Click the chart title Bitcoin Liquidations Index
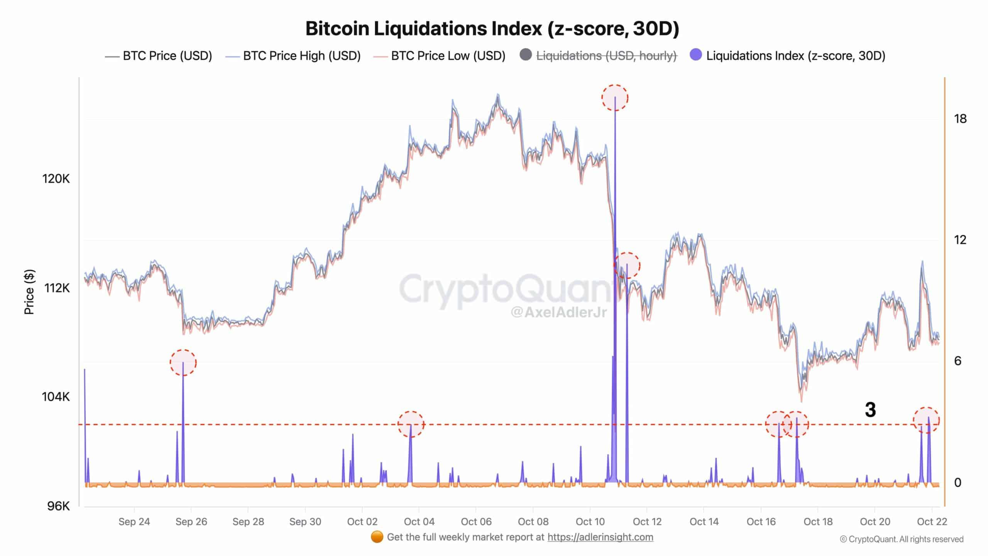[492, 29]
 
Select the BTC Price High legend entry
[301, 56]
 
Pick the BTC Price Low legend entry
[448, 56]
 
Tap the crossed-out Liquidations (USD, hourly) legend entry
[606, 56]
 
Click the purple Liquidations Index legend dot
[695, 55]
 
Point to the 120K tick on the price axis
[56, 179]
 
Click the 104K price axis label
[56, 397]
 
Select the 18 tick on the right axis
[960, 119]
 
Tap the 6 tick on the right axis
[958, 361]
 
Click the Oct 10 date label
[590, 522]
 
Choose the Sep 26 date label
[191, 522]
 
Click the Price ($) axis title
[29, 292]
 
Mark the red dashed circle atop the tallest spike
[615, 98]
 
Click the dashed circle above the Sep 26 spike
[183, 363]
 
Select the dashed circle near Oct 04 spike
[411, 424]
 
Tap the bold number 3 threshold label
[870, 410]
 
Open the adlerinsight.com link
[600, 537]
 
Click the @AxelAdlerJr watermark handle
[558, 312]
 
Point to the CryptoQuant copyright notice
[902, 539]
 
